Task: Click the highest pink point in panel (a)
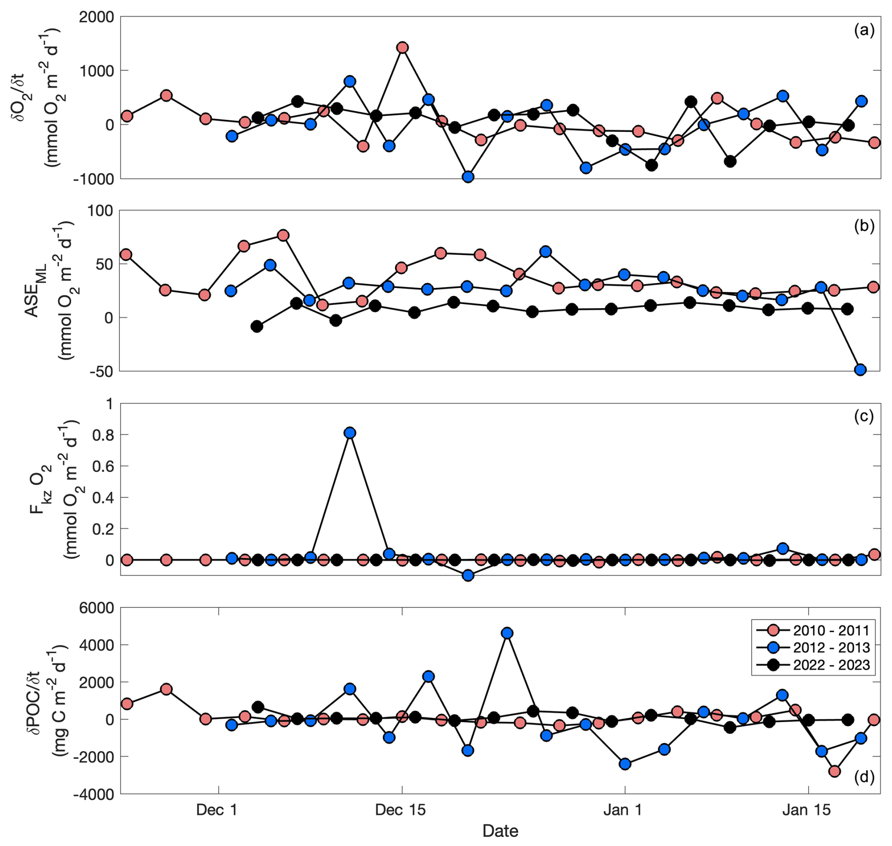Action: click(402, 48)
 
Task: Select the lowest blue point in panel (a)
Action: click(468, 177)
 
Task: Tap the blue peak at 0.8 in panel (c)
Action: click(349, 433)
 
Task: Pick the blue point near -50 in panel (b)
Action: click(860, 370)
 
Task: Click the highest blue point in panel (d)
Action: click(507, 633)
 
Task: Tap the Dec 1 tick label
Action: click(217, 810)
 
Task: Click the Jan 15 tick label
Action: click(806, 810)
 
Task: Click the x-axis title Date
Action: click(500, 830)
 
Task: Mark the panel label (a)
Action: click(864, 31)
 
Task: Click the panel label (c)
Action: click(864, 416)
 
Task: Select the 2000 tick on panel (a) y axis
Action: click(96, 17)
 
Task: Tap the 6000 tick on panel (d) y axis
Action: click(96, 608)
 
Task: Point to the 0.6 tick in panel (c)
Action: click(103, 466)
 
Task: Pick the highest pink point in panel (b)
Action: click(283, 235)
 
